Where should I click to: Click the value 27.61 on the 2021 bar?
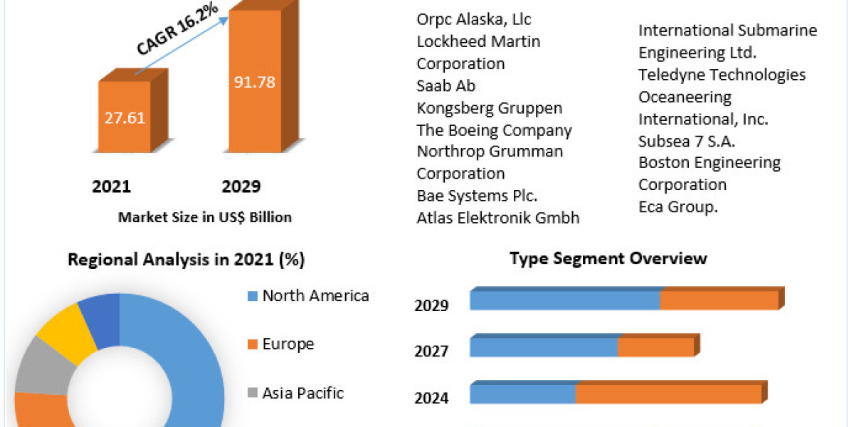point(125,117)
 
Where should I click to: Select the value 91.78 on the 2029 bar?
point(254,81)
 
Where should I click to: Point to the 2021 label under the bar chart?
point(112,186)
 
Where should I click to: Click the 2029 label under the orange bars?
point(241,186)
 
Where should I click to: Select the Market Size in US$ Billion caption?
point(204,218)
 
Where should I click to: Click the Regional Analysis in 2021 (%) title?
point(186,260)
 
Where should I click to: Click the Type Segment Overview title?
point(608,258)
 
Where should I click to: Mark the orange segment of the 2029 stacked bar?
point(719,300)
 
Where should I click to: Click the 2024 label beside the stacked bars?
point(431,397)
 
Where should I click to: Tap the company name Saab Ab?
point(446,85)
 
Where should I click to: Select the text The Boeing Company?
point(494,130)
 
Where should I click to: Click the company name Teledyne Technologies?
point(722,75)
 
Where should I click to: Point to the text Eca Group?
point(678,206)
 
